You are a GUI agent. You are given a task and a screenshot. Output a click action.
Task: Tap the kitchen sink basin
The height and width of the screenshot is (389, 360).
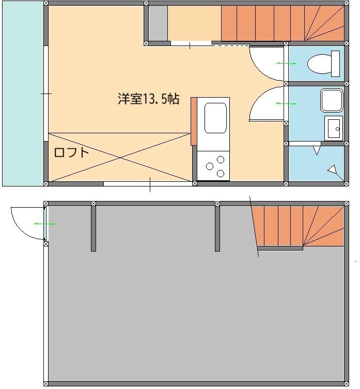point(215,118)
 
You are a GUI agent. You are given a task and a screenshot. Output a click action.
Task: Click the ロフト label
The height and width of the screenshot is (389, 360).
point(71,152)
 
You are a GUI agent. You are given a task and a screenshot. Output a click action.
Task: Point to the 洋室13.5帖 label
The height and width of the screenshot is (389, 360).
point(148,99)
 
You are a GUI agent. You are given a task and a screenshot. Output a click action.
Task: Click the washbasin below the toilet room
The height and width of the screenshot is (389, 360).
point(333,128)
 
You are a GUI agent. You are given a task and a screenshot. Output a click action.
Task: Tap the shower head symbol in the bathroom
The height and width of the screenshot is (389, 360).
point(333,169)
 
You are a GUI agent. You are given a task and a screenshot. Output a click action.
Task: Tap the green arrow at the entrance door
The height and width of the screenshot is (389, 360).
point(45,224)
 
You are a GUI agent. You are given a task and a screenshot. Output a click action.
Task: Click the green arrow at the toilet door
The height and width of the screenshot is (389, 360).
point(286,63)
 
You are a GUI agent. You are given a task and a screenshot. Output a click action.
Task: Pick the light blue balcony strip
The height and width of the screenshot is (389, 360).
point(23,93)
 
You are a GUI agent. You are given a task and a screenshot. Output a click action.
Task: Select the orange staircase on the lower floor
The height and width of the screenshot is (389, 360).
point(300,226)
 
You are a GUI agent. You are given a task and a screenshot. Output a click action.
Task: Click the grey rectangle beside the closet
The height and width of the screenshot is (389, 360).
point(158,23)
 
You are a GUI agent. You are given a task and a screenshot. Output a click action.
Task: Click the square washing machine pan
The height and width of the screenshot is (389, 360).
point(331,100)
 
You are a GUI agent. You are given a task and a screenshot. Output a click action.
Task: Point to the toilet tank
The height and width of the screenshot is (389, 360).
point(335,64)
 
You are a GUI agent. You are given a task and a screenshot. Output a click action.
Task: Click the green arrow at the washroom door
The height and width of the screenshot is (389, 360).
point(286,104)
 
